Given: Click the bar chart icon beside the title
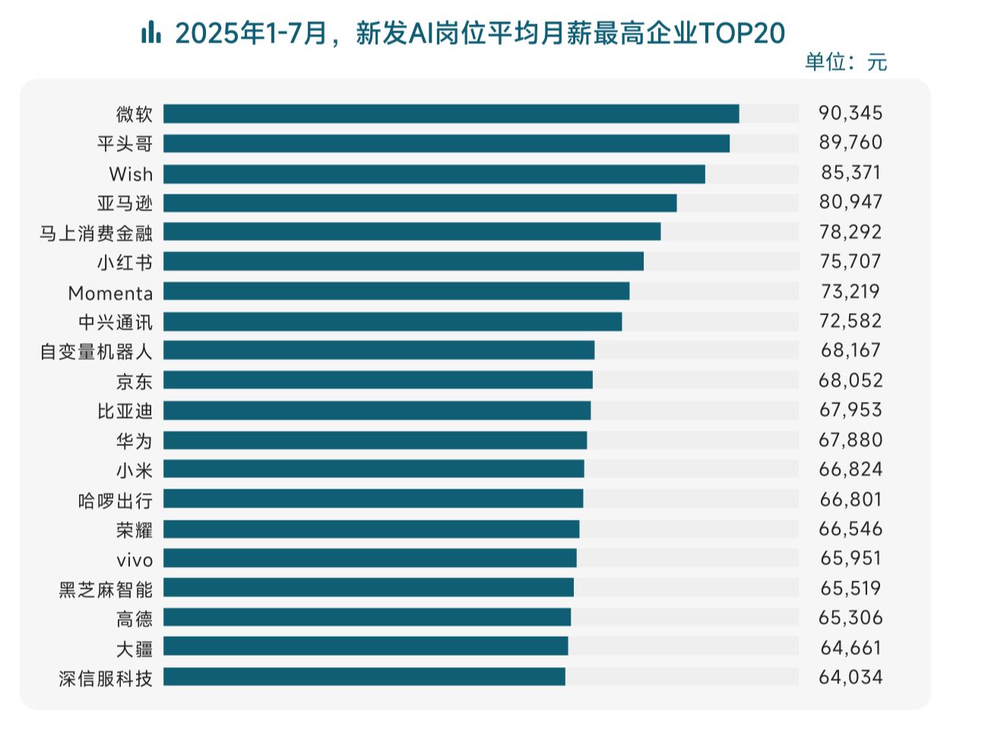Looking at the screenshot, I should click(x=150, y=33).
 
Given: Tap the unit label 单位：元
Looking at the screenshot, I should click(x=846, y=62).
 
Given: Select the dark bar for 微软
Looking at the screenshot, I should click(x=451, y=114).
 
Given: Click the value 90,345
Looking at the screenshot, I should click(x=850, y=113).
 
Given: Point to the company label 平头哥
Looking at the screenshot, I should click(x=125, y=144).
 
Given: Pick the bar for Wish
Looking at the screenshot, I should click(x=434, y=174).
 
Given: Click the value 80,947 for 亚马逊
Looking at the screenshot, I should click(x=850, y=202).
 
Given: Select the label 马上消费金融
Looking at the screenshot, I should click(x=96, y=233).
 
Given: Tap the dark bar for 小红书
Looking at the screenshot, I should click(x=403, y=261).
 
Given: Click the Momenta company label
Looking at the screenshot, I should click(x=110, y=293).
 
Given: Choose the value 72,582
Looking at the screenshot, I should click(x=850, y=321).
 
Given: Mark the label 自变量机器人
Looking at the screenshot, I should click(x=96, y=352).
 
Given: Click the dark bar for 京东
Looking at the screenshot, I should click(x=378, y=380).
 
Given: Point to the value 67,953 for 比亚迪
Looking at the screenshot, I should click(x=850, y=410).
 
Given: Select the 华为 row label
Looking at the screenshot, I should click(x=134, y=441).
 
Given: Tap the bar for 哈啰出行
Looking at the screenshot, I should click(x=373, y=499).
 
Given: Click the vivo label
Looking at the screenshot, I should click(x=135, y=560).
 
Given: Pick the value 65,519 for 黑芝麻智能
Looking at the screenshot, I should click(x=850, y=588).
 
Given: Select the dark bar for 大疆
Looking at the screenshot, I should click(x=366, y=646).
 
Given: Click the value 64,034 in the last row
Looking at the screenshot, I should click(x=850, y=677).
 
